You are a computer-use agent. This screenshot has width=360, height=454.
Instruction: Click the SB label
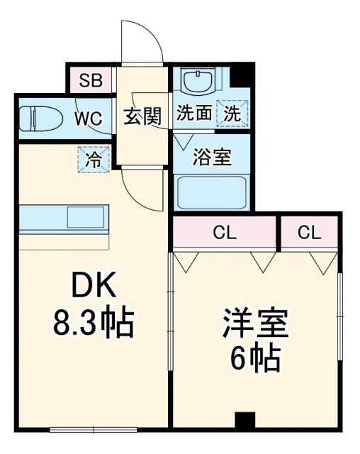[90, 80]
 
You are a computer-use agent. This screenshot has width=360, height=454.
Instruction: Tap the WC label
[89, 117]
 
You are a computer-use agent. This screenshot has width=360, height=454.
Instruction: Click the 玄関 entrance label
[144, 116]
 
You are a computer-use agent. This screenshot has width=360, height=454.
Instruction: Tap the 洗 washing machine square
[232, 113]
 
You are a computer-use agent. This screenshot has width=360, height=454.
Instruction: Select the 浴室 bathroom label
[213, 156]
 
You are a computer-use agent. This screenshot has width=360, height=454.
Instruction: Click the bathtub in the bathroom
[210, 192]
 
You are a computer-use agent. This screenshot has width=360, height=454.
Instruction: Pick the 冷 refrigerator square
[94, 160]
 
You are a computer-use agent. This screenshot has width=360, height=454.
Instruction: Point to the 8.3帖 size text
[93, 324]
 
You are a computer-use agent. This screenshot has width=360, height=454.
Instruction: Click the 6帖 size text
[255, 361]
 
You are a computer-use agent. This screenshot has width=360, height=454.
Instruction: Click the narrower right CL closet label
[309, 232]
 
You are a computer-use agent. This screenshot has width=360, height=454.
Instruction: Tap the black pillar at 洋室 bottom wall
[244, 420]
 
